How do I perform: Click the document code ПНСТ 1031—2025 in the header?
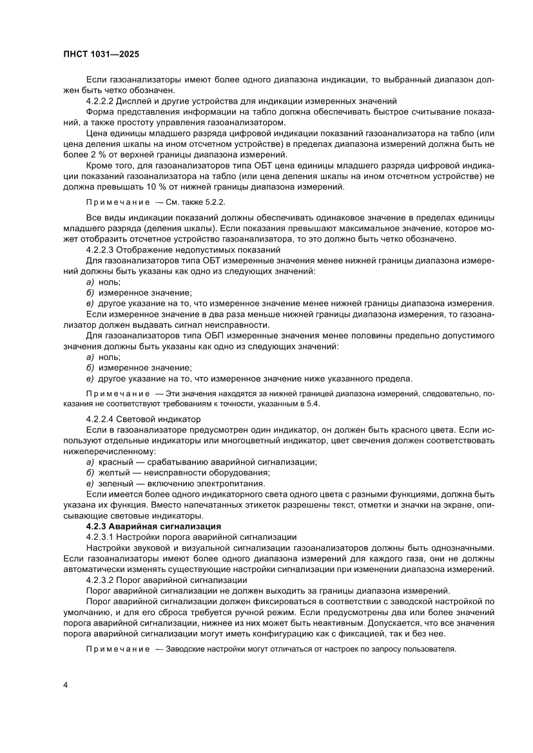click(x=102, y=55)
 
